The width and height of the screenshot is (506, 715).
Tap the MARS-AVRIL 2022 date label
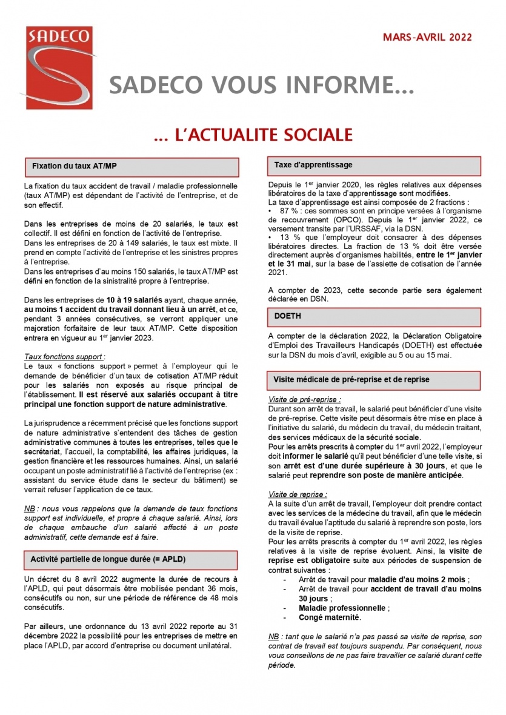(x=427, y=38)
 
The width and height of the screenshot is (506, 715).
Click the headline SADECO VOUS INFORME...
(x=262, y=87)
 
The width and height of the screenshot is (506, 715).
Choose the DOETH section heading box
(x=374, y=316)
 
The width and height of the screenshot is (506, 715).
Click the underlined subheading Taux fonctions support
(x=65, y=357)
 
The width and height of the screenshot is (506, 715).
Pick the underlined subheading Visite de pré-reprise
(x=304, y=400)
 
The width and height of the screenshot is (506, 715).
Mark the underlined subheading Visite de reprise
(x=298, y=494)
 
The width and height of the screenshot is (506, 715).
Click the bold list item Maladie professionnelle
(x=342, y=608)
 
